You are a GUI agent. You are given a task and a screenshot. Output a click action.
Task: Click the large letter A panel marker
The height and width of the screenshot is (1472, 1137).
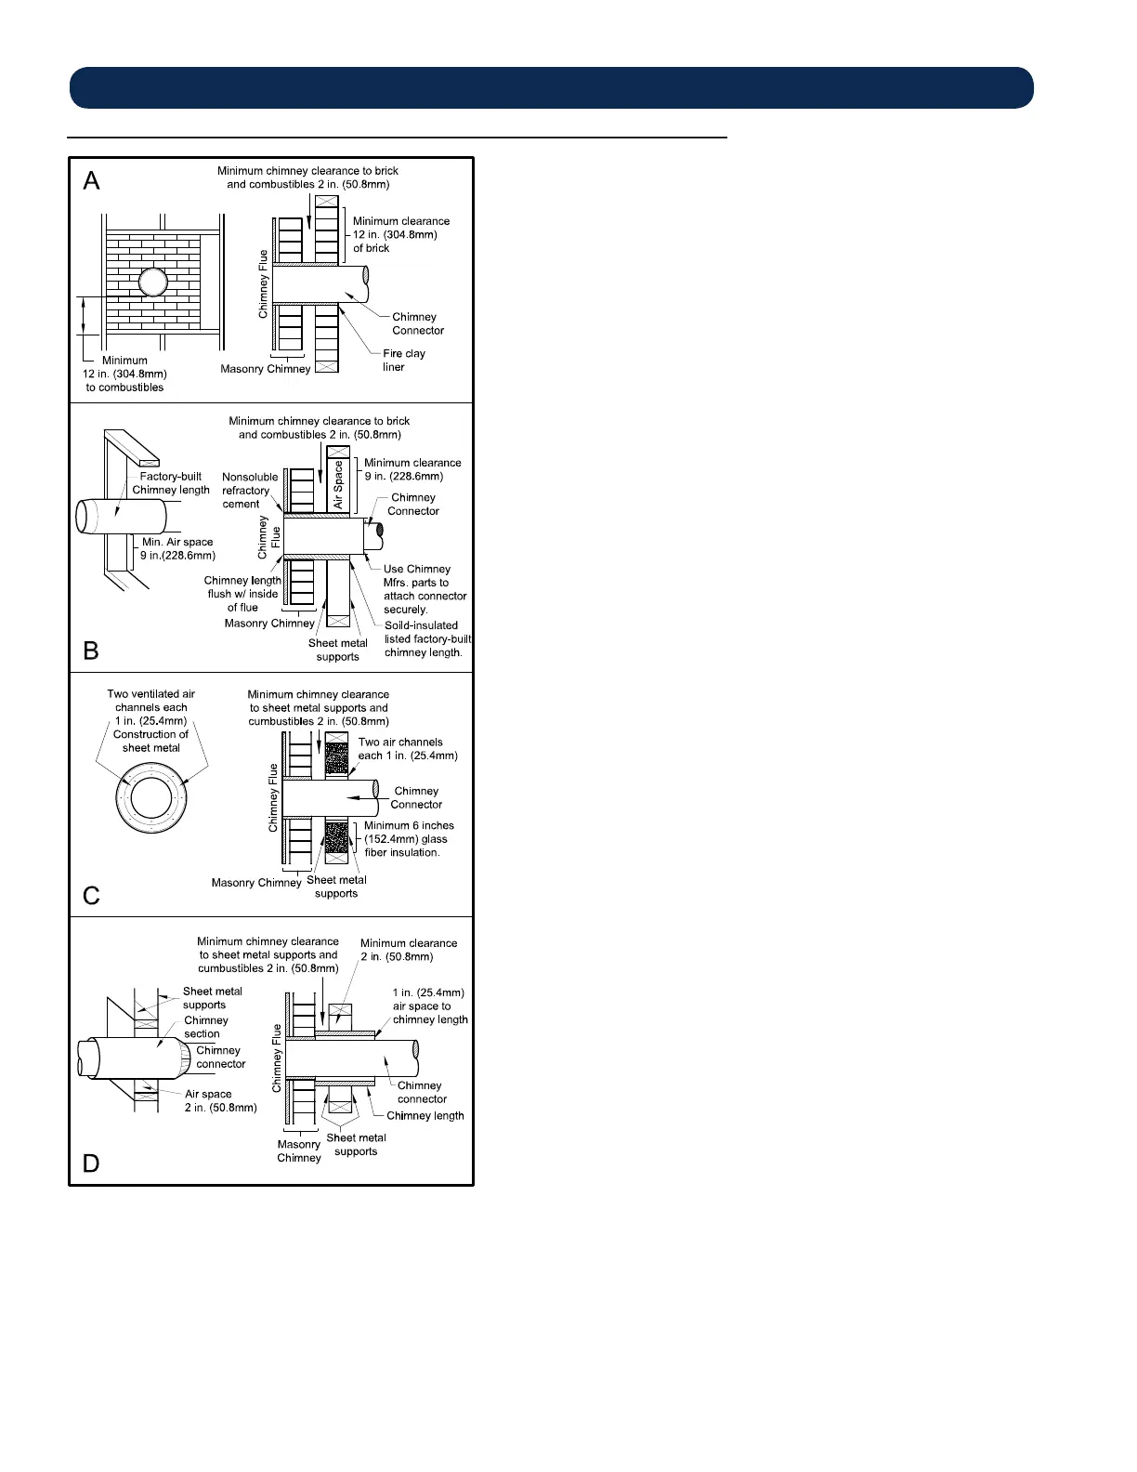(x=91, y=180)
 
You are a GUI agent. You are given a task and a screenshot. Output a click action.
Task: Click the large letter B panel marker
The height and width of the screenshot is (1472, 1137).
(x=91, y=651)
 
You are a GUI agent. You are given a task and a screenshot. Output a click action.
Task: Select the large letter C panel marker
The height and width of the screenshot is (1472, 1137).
(x=91, y=895)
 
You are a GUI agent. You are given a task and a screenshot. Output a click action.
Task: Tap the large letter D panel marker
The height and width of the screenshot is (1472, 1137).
(x=91, y=1163)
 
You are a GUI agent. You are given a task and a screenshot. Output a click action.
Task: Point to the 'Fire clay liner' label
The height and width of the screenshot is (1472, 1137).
(x=403, y=360)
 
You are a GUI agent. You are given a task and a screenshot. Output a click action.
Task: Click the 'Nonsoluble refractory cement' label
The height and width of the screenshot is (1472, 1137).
(x=249, y=491)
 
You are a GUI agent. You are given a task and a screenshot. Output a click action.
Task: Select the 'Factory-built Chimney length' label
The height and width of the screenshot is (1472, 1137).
(x=171, y=483)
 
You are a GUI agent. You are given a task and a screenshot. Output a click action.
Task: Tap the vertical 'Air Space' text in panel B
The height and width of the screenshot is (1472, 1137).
(x=338, y=485)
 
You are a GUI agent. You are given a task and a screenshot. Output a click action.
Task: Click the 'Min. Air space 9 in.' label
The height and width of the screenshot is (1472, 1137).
(x=177, y=548)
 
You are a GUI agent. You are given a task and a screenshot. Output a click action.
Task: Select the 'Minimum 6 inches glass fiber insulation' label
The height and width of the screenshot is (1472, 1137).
(x=409, y=838)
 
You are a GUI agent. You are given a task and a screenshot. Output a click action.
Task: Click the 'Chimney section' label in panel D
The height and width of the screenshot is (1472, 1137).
(x=205, y=1027)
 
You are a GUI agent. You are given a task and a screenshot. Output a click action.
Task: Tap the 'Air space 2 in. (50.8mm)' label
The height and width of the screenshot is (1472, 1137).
(x=220, y=1100)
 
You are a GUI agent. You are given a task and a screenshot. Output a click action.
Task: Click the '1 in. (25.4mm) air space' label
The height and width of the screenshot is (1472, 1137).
(x=429, y=1005)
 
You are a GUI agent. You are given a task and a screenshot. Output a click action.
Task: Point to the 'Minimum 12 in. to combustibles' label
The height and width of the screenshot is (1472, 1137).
(x=124, y=374)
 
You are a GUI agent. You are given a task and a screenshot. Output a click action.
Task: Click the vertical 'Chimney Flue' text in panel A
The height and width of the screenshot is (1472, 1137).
(x=263, y=284)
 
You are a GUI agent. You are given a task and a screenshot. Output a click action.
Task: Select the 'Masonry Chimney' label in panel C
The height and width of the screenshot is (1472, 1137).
(x=256, y=883)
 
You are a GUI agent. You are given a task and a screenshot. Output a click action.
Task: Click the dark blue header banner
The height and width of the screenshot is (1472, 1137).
(x=552, y=87)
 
